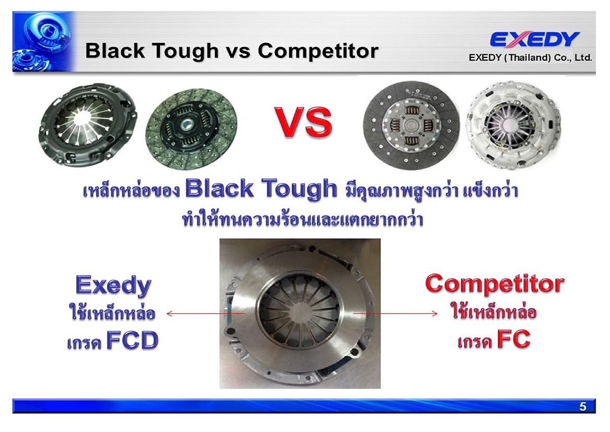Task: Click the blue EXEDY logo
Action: (534, 39)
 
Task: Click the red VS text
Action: (304, 122)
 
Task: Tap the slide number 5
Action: (582, 406)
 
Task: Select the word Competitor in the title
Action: (318, 51)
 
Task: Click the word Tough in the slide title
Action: (185, 51)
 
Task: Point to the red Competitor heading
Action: (495, 284)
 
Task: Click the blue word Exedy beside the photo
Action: (113, 286)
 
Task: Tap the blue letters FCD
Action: (132, 340)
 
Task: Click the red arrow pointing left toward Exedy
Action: (206, 313)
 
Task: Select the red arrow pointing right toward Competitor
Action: (395, 313)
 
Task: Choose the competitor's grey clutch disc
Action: (411, 125)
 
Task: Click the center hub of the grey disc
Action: (411, 125)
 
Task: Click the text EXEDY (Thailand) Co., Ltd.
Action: (530, 57)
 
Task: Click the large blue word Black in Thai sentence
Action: (219, 189)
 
